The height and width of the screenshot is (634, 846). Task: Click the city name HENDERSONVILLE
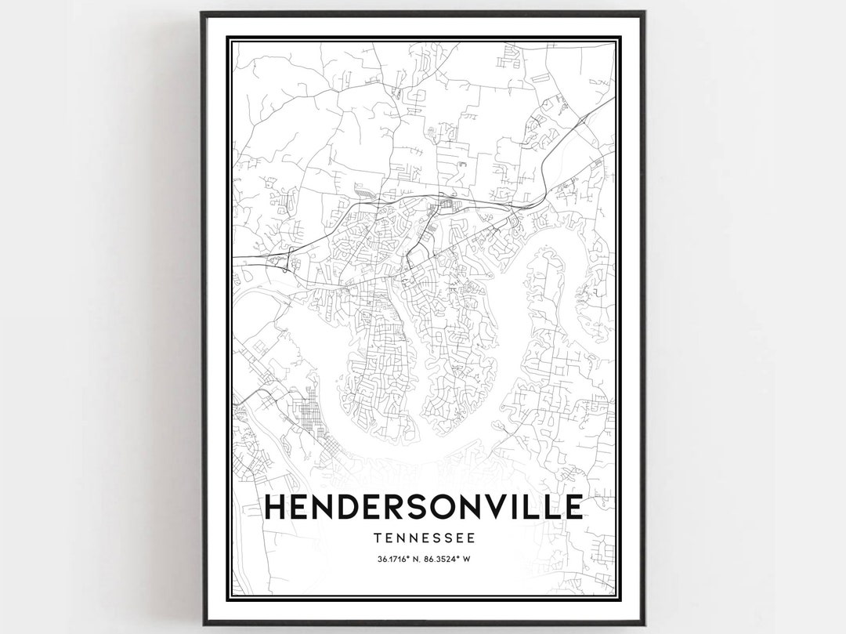[424, 507]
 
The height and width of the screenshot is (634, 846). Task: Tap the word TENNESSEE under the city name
[424, 538]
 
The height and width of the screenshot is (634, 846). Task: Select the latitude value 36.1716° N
[399, 559]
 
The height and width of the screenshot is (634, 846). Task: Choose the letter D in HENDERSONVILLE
[355, 507]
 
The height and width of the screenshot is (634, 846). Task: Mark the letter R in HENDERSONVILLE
[402, 507]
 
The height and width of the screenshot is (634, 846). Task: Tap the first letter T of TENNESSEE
[378, 538]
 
